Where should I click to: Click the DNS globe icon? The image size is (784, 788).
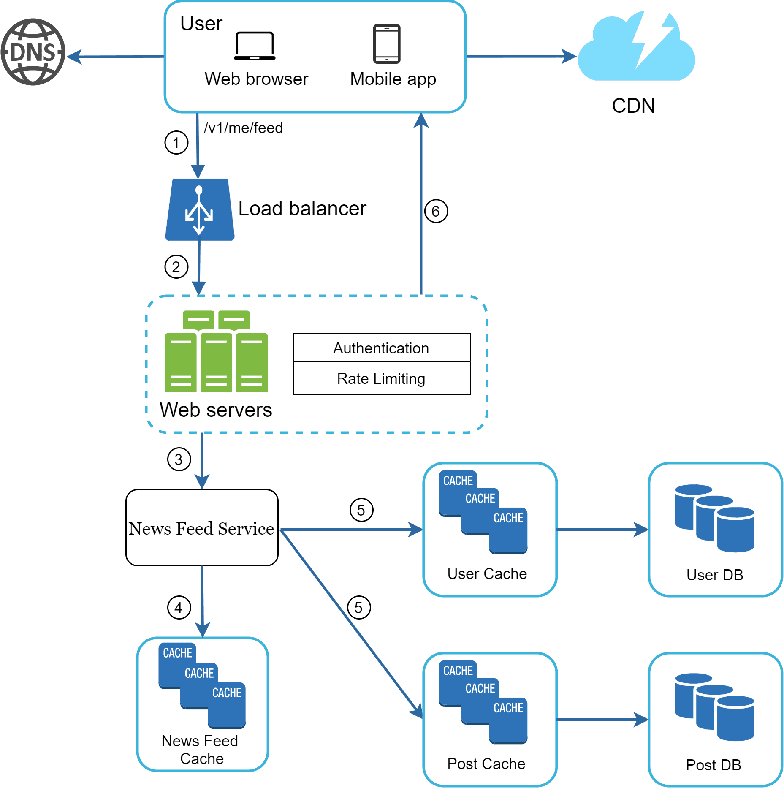[33, 52]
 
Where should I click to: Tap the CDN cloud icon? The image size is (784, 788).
[636, 49]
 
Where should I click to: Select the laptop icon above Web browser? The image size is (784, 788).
[255, 46]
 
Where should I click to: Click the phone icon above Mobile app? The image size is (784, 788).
[386, 43]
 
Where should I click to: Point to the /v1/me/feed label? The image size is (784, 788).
[243, 128]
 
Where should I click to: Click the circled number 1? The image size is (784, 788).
[176, 143]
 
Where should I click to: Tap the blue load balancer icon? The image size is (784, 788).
[199, 210]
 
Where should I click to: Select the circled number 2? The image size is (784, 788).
[176, 267]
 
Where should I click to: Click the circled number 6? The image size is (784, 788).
[436, 211]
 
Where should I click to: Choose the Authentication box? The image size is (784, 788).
[381, 348]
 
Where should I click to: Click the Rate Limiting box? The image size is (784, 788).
[381, 379]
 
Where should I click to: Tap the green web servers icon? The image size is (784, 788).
[216, 351]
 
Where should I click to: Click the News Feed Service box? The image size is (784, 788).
[202, 528]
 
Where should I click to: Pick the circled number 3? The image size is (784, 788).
[179, 459]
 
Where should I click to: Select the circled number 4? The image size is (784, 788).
[179, 608]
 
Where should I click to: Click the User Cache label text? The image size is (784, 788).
[487, 574]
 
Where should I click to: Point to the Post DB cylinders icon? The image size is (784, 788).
[714, 707]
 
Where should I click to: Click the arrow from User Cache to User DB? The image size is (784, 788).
[602, 529]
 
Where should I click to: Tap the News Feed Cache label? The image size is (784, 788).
[201, 750]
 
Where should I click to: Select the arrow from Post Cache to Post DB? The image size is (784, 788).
[602, 719]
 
